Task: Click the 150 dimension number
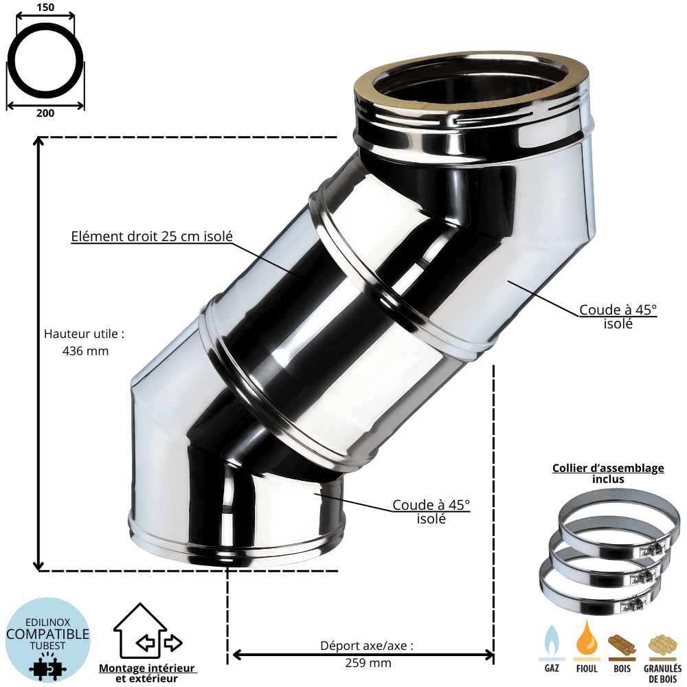(45, 7)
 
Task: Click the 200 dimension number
(45, 113)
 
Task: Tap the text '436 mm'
(85, 351)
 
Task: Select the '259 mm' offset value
(368, 663)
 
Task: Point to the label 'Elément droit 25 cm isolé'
(152, 236)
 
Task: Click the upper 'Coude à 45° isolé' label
(618, 317)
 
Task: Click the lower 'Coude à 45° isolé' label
(431, 512)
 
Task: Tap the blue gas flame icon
(552, 640)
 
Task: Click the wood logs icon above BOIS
(622, 645)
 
